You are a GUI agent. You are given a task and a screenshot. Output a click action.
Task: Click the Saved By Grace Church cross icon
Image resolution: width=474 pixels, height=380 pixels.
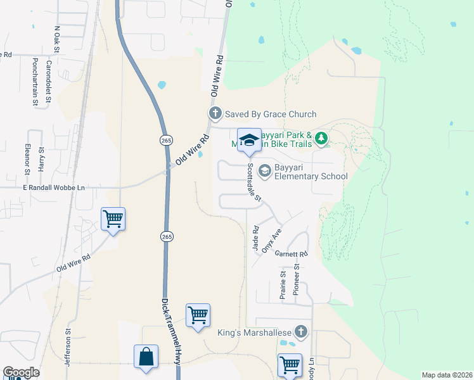[215, 114]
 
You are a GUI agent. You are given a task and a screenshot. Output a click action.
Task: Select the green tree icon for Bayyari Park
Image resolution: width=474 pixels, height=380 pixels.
[321, 137]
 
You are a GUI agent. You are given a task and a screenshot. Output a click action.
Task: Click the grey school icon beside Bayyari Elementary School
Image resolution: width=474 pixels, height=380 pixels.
[264, 171]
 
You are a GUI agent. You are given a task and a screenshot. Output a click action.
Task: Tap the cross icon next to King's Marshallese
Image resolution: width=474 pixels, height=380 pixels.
[301, 331]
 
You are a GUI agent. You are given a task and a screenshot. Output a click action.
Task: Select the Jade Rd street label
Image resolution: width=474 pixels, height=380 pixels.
[256, 239]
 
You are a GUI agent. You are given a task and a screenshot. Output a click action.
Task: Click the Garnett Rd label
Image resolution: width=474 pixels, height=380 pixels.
[291, 253]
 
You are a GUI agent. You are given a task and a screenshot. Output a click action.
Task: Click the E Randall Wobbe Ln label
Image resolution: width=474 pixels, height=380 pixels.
[54, 188]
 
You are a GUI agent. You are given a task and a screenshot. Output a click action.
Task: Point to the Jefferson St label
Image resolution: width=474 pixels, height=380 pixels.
[66, 342]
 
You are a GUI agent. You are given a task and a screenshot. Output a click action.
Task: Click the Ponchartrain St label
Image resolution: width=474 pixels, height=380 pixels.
[35, 81]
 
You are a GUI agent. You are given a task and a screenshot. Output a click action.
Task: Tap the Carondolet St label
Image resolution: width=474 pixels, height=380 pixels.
[48, 81]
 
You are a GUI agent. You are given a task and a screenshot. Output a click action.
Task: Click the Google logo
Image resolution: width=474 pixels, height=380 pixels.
[21, 372]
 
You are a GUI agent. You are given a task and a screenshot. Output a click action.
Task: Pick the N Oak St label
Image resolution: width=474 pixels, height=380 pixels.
[57, 39]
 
